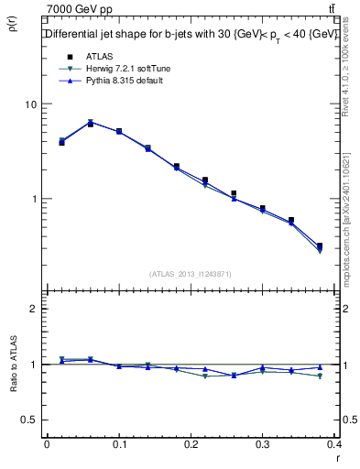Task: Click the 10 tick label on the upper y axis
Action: pyautogui.click(x=30, y=104)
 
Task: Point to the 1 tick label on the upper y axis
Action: pyautogui.click(x=34, y=199)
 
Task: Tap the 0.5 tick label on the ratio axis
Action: pyautogui.click(x=28, y=420)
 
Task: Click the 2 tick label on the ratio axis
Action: pyautogui.click(x=34, y=309)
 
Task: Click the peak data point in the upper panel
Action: pyautogui.click(x=90, y=123)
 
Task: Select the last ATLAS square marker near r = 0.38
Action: pyautogui.click(x=319, y=245)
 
